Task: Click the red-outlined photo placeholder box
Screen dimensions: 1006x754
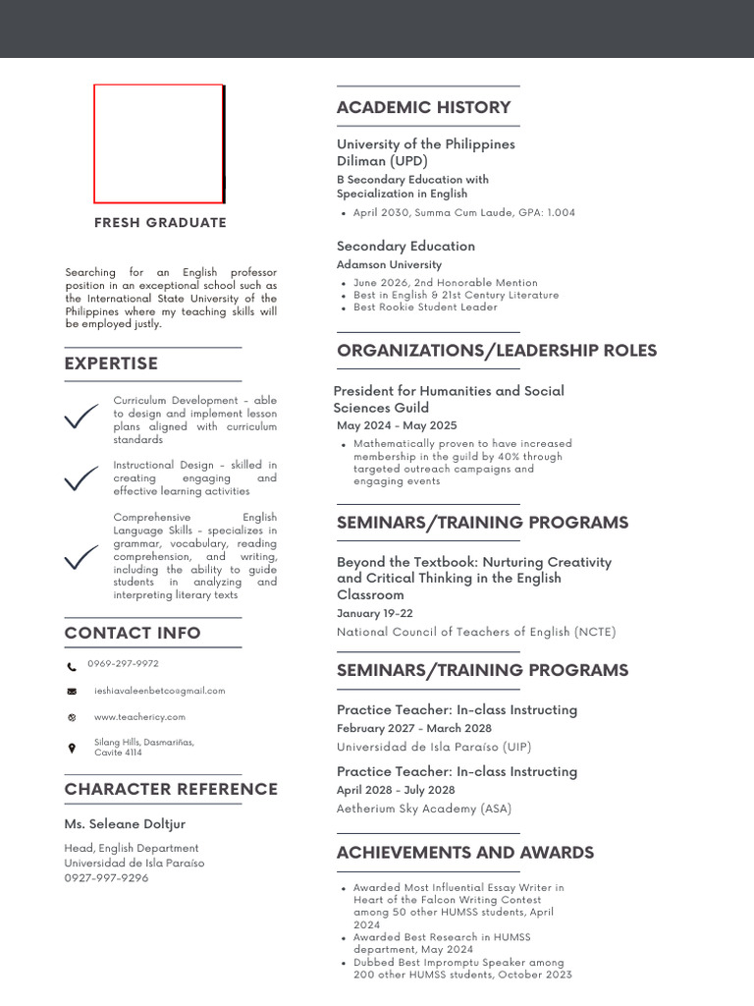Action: pyautogui.click(x=158, y=143)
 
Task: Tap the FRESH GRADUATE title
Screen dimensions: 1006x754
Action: pyautogui.click(x=160, y=223)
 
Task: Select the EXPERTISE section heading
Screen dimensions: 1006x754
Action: pyautogui.click(x=111, y=363)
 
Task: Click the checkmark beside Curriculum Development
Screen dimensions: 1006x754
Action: pyautogui.click(x=81, y=418)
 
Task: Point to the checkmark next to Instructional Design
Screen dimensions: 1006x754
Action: pyautogui.click(x=81, y=479)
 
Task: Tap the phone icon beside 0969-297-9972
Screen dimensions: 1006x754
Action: pyautogui.click(x=72, y=666)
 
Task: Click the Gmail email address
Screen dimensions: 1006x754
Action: pyautogui.click(x=159, y=691)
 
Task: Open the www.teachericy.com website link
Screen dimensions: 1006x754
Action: pyautogui.click(x=139, y=717)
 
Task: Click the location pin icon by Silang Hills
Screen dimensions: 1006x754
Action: pyautogui.click(x=72, y=749)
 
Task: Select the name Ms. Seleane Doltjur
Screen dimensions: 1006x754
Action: pyautogui.click(x=125, y=824)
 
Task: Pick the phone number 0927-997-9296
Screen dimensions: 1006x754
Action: pyautogui.click(x=106, y=878)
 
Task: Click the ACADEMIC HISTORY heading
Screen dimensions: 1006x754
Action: pyautogui.click(x=423, y=108)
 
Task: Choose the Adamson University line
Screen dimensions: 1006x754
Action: pyautogui.click(x=389, y=265)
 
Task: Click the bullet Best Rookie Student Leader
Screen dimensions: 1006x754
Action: pyautogui.click(x=425, y=307)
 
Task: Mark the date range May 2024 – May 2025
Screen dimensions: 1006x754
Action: pyautogui.click(x=397, y=426)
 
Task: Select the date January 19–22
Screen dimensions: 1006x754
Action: pyautogui.click(x=374, y=614)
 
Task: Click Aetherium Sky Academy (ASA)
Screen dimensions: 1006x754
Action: pyautogui.click(x=423, y=809)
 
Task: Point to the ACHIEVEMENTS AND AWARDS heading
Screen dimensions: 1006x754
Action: pyautogui.click(x=464, y=853)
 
